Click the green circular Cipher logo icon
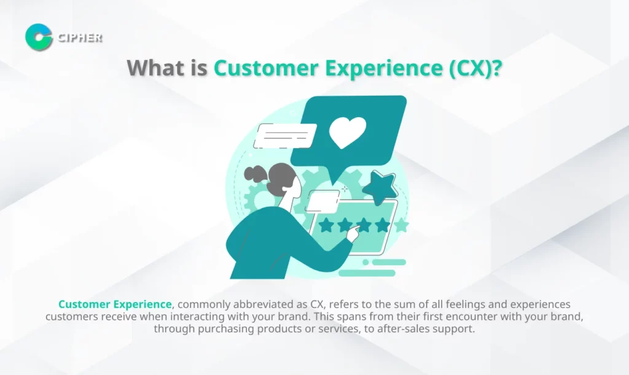pos(39,37)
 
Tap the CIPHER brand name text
pos(80,38)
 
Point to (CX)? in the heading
pos(475,69)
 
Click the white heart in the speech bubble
pos(348,132)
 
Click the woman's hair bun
pos(254,174)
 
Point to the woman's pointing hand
pos(354,233)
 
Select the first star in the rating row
pos(326,225)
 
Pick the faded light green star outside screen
pos(400,225)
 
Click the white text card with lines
pos(285,136)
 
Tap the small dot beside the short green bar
pos(365,263)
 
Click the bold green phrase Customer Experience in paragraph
pos(115,304)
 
